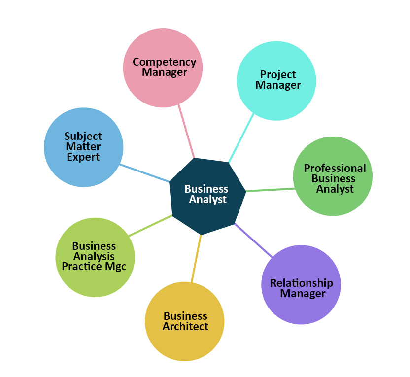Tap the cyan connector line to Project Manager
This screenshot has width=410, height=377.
pyautogui.click(x=241, y=137)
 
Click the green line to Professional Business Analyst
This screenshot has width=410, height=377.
pyautogui.click(x=270, y=190)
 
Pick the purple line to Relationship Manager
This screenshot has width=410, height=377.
pyautogui.click(x=253, y=240)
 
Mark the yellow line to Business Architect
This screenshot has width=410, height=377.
pyautogui.click(x=196, y=259)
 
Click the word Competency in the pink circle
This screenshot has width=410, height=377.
pyautogui.click(x=164, y=62)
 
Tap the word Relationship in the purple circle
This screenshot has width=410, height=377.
pyautogui.click(x=301, y=283)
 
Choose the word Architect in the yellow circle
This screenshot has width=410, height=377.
pyautogui.click(x=186, y=326)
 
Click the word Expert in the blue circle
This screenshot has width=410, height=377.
pyautogui.click(x=83, y=157)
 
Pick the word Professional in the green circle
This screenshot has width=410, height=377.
pyautogui.click(x=335, y=168)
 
